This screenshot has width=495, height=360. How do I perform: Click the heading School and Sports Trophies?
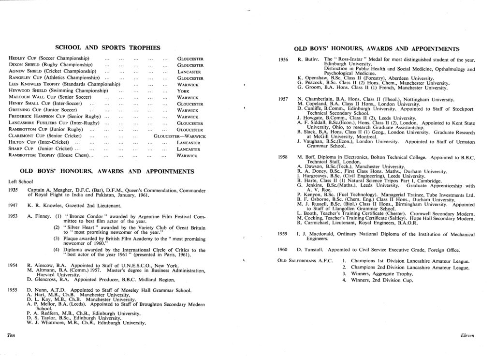[108, 47]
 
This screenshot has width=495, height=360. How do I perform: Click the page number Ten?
[9, 334]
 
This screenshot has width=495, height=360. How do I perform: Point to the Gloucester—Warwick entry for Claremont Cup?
[180, 136]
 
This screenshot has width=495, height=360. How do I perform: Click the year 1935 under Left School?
[14, 190]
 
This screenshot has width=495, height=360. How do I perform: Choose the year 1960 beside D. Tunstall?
[284, 250]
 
